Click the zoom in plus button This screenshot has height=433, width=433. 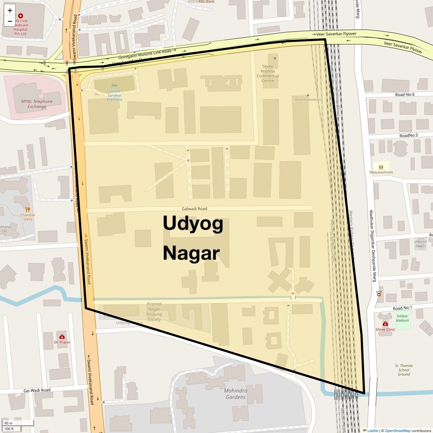point(10,10)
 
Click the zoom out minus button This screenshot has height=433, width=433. point(10,21)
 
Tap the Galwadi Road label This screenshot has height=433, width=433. point(194,209)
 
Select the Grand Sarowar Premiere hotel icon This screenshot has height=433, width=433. point(114,86)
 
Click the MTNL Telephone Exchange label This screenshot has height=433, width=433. point(37,104)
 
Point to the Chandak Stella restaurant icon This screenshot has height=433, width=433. point(28,209)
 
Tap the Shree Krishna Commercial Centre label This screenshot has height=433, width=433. point(268,73)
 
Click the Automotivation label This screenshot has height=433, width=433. point(308,99)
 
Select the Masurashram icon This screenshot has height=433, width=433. point(381,167)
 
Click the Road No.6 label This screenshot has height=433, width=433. point(405,95)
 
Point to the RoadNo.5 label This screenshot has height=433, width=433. point(408,135)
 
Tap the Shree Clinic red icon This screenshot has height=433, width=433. point(385,324)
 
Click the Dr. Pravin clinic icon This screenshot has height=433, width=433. point(62,337)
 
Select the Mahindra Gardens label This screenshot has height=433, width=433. point(236,394)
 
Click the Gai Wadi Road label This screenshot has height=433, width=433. point(37,390)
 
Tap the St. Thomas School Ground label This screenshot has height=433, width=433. point(404,370)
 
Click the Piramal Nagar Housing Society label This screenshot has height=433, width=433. point(154,311)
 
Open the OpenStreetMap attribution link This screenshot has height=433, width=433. point(397,430)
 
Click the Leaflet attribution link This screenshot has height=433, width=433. point(372,430)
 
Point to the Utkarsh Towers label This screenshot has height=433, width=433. point(420,244)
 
